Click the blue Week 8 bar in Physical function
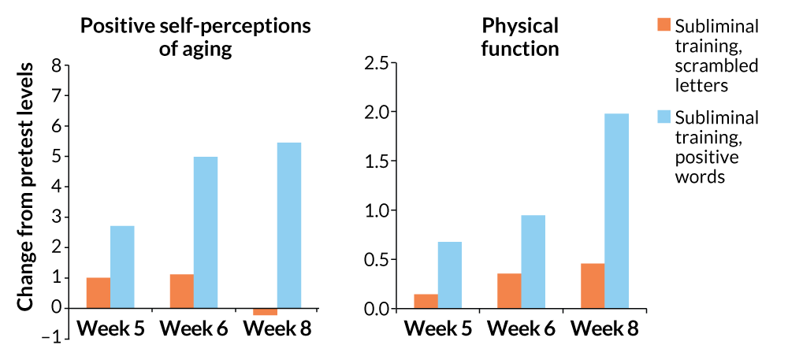click(616, 211)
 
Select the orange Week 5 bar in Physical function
click(426, 301)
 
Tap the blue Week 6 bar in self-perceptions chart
click(206, 232)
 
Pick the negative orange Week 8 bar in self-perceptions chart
click(265, 312)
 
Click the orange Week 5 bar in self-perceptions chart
click(98, 293)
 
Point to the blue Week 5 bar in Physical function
click(449, 275)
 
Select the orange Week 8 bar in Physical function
click(593, 286)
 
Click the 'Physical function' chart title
click(520, 36)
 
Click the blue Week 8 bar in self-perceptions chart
click(289, 225)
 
